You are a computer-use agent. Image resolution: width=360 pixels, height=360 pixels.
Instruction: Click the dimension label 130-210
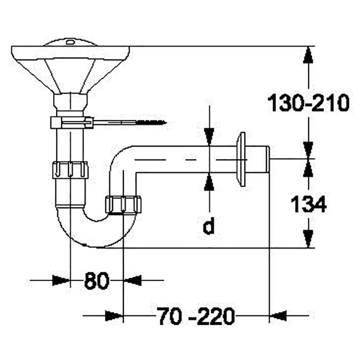click(x=308, y=103)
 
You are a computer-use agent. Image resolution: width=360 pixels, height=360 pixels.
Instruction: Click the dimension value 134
click(x=308, y=204)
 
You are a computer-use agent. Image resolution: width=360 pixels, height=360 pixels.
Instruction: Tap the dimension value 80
click(x=96, y=280)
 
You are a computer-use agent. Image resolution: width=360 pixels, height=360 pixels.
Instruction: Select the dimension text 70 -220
click(x=197, y=316)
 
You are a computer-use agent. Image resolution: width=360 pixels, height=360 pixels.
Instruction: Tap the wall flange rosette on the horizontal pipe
click(x=241, y=159)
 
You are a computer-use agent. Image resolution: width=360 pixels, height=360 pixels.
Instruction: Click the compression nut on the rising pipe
click(x=123, y=205)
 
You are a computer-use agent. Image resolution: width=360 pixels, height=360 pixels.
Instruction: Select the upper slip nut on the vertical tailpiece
click(x=70, y=170)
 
